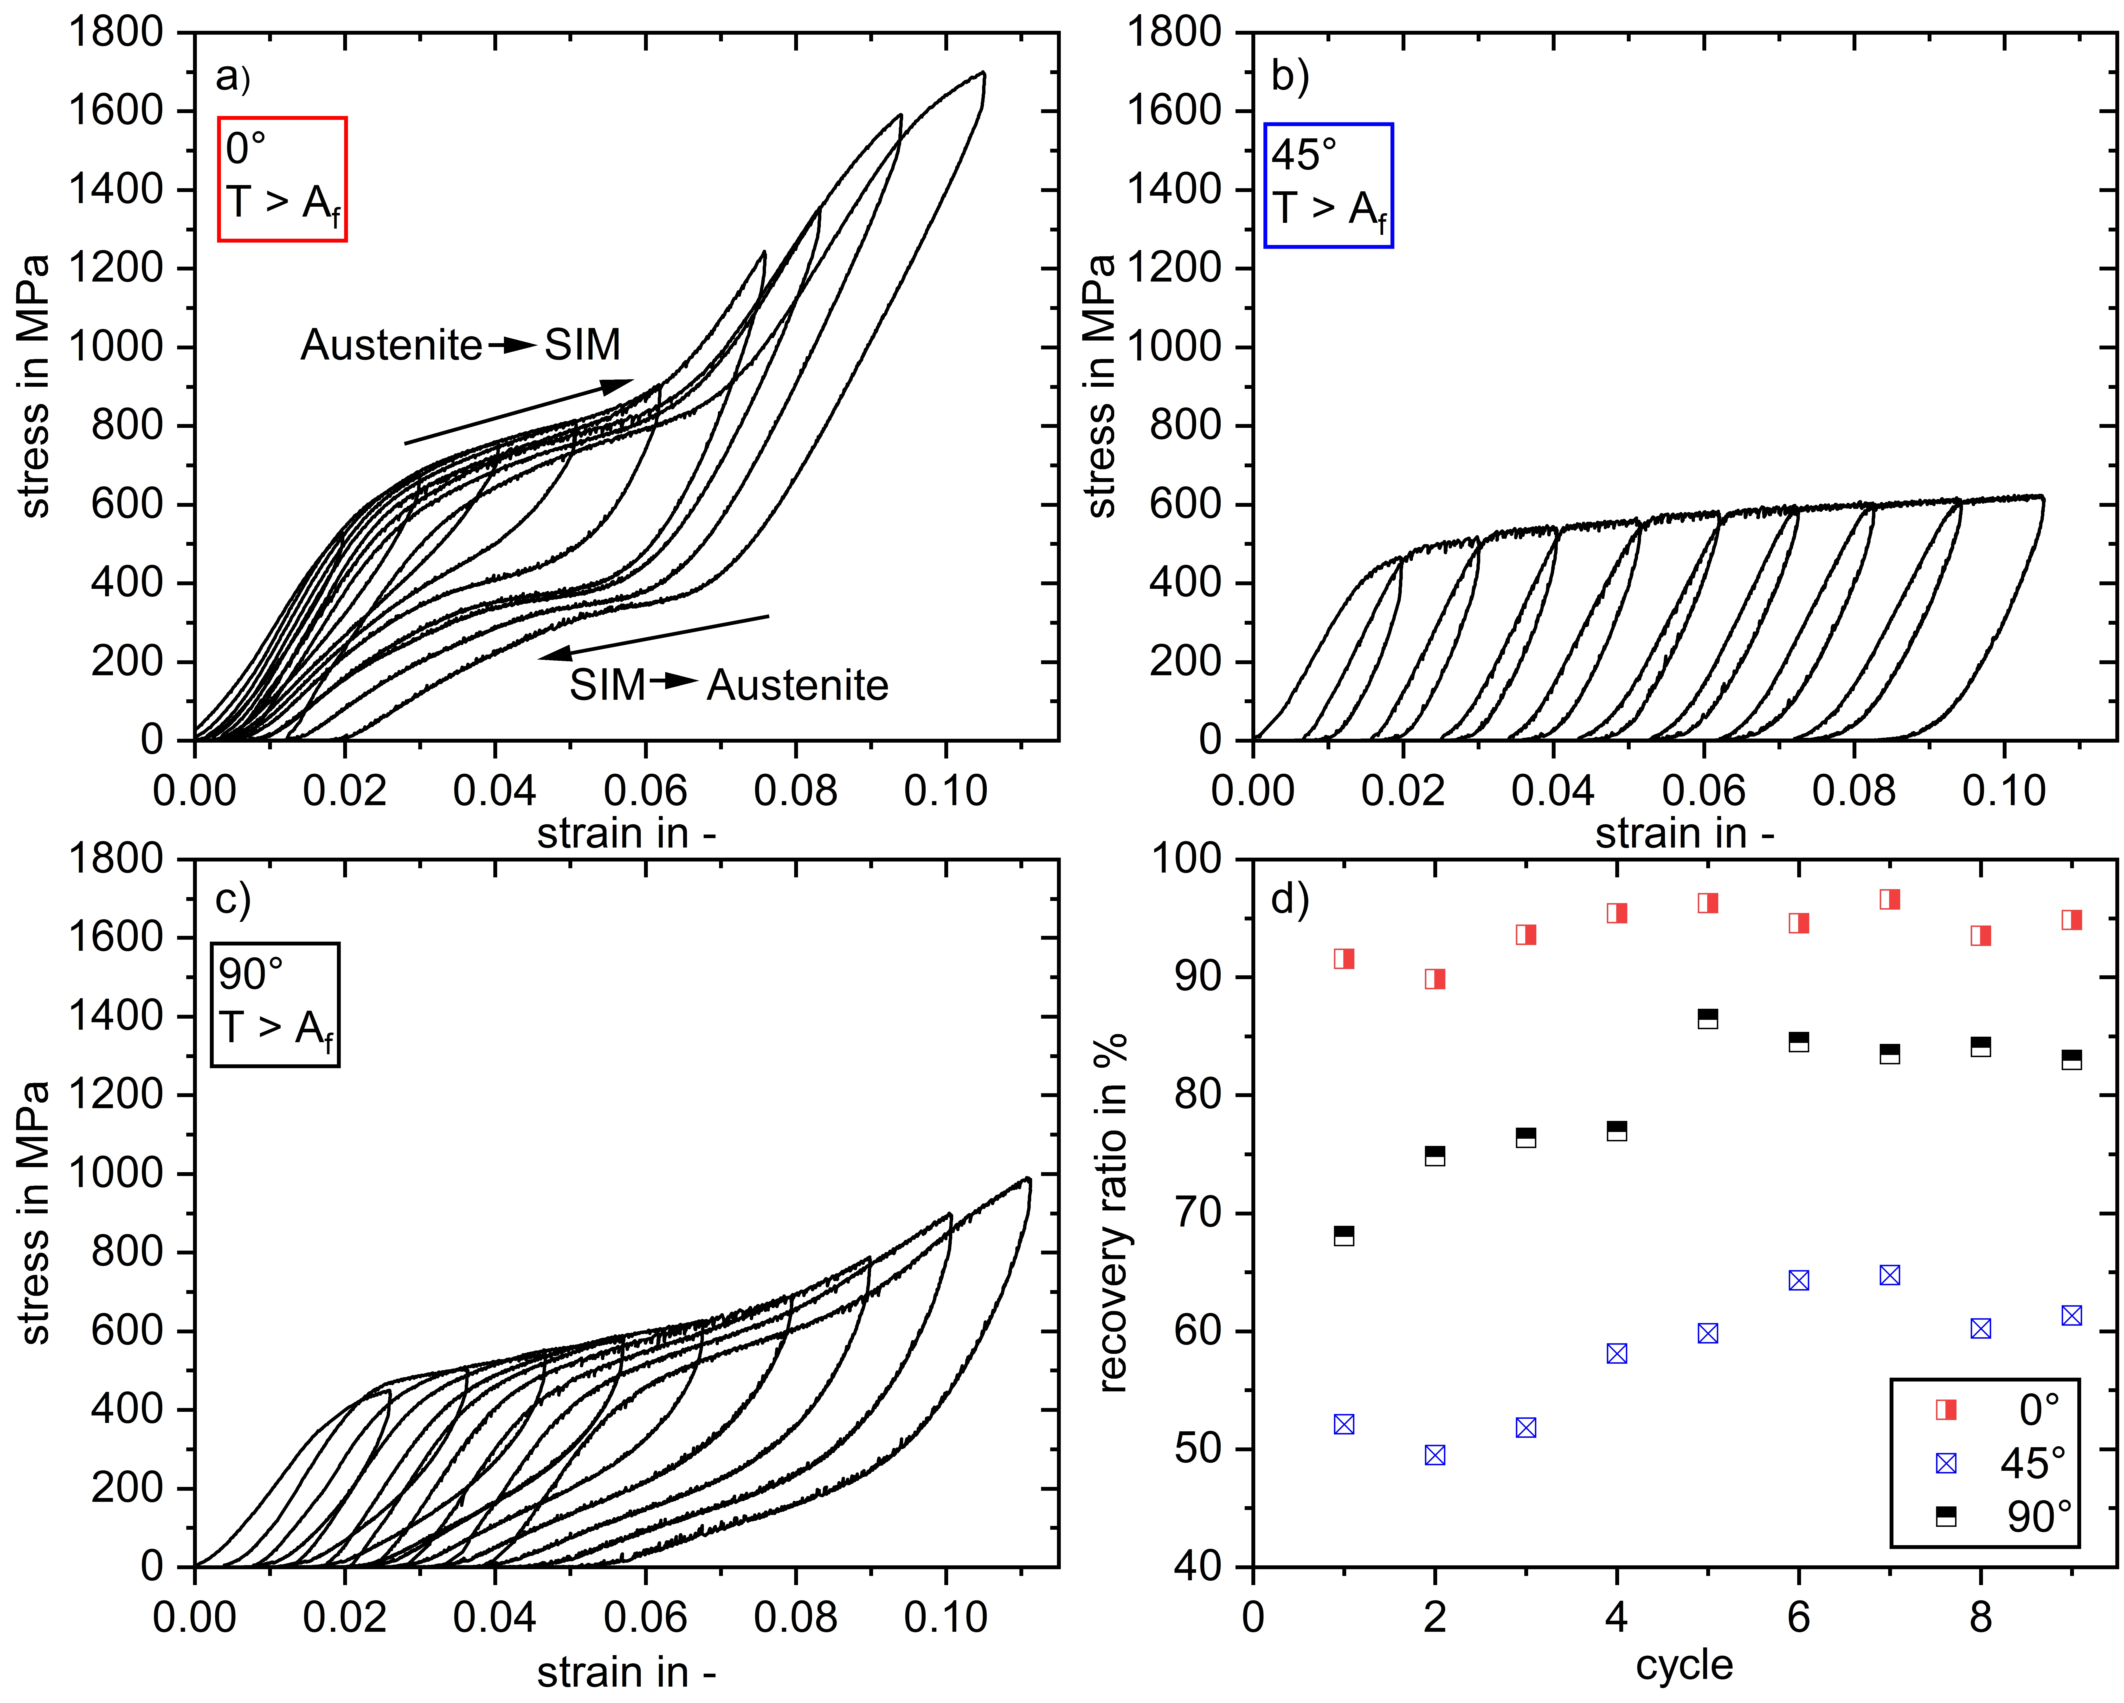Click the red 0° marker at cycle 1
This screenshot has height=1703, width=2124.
[x=1344, y=958]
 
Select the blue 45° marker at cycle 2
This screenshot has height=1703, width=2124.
[x=1435, y=1455]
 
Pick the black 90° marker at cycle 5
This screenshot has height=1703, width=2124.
[x=1708, y=1018]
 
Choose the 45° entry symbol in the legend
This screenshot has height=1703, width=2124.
[x=1946, y=1464]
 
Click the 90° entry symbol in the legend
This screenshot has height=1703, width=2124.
[x=1946, y=1516]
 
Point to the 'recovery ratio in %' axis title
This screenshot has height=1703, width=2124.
[x=1111, y=1212]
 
